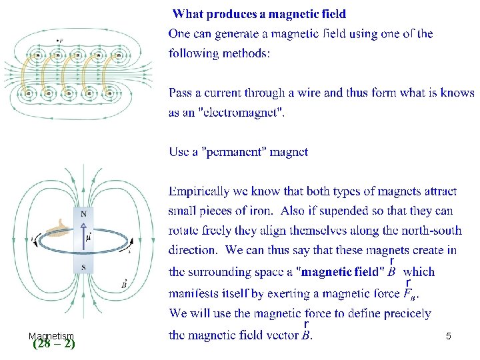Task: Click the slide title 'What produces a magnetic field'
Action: [x=259, y=13]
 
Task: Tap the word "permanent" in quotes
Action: [x=234, y=152]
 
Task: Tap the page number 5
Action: [x=449, y=337]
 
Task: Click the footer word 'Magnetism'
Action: [x=51, y=336]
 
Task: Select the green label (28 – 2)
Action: [x=53, y=344]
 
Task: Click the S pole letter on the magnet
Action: [x=83, y=267]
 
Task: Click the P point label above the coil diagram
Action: [x=60, y=41]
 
